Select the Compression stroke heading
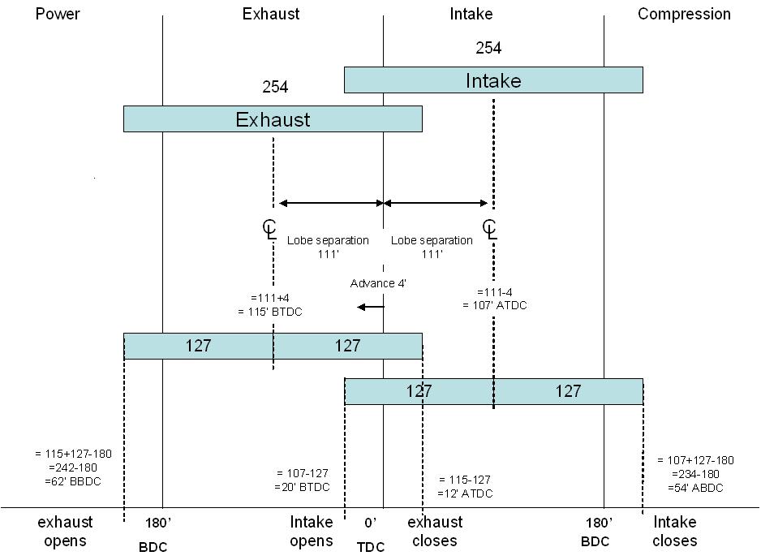[684, 14]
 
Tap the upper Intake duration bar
[493, 80]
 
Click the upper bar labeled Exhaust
[273, 119]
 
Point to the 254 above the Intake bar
[488, 49]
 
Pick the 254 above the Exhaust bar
[275, 87]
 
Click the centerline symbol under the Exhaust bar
[269, 228]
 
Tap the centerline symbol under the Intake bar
[489, 228]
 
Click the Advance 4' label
[378, 283]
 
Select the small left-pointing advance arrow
[371, 307]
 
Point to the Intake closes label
[674, 531]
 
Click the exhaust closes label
[434, 531]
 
